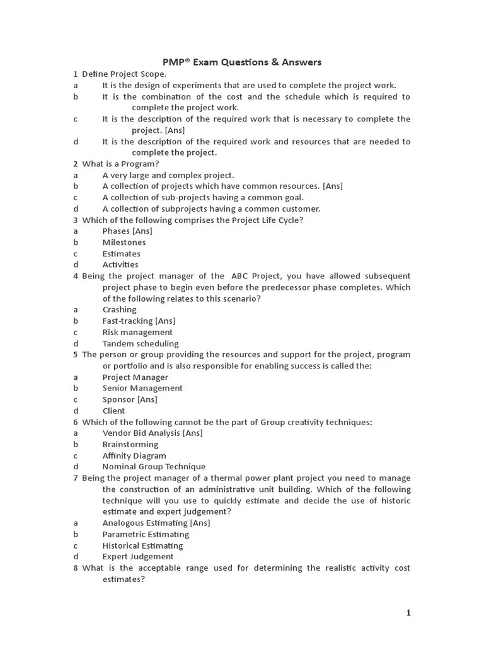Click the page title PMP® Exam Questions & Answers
tap(242, 62)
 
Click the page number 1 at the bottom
tap(408, 613)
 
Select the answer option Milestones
tap(124, 243)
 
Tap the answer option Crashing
tap(119, 310)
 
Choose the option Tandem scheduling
tap(141, 344)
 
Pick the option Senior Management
tap(142, 389)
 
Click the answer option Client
tap(113, 411)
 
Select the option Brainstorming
tap(130, 445)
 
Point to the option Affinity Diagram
tap(134, 456)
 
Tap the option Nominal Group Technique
tap(154, 467)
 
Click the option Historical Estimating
tap(142, 545)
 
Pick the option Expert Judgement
tap(138, 557)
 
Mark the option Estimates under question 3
tap(121, 254)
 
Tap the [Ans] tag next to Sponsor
tap(147, 399)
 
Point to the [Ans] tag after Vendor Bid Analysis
tap(192, 433)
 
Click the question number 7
tap(75, 478)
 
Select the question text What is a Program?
tap(121, 164)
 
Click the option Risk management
tap(137, 333)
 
